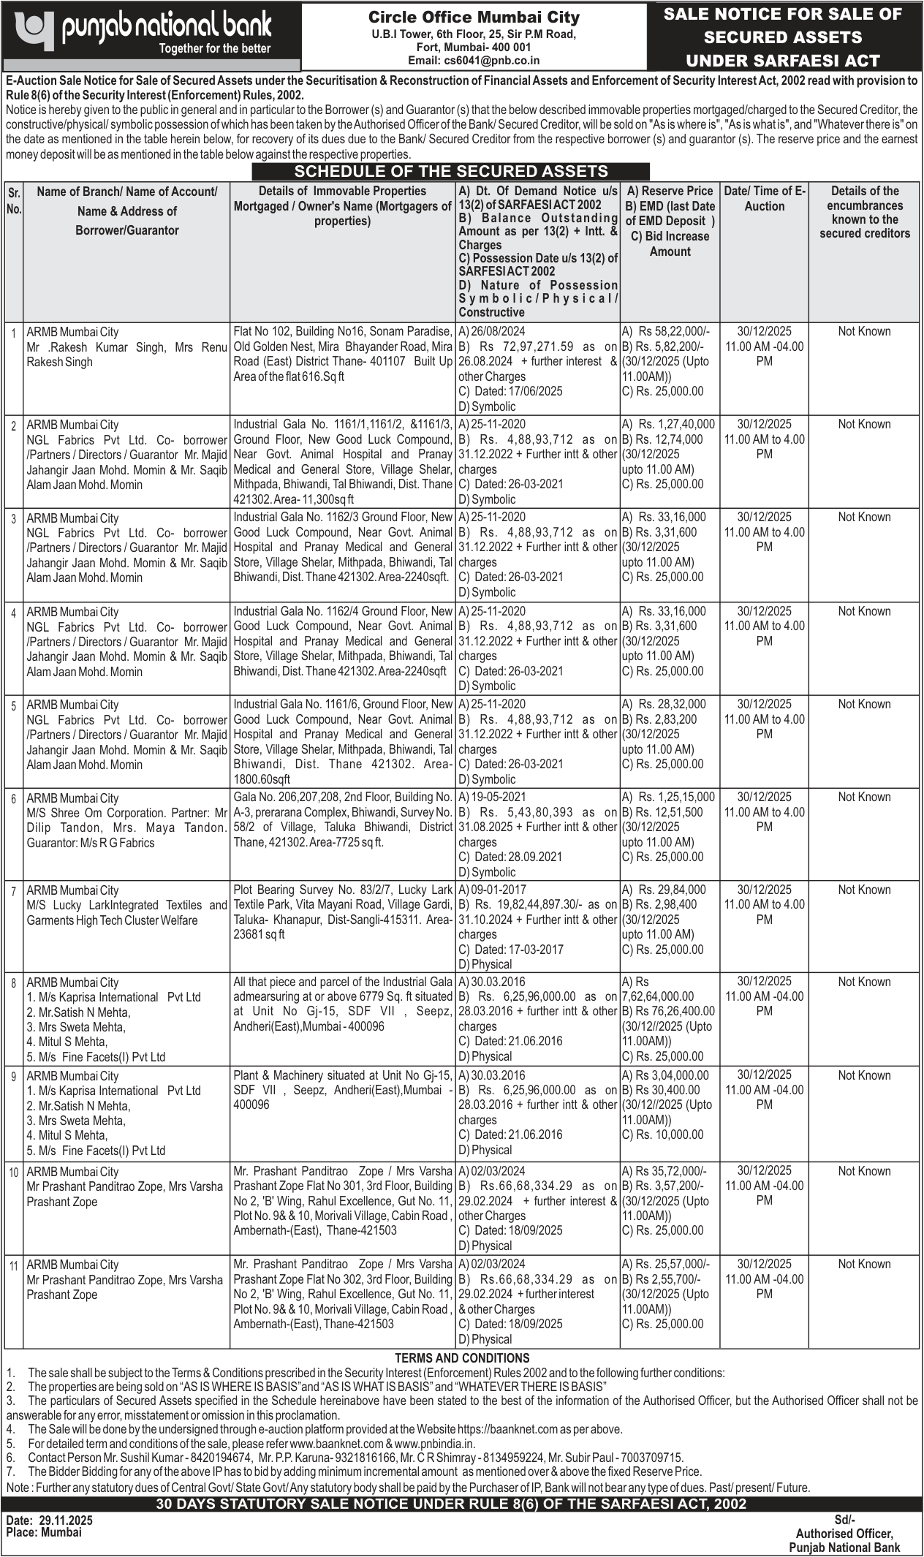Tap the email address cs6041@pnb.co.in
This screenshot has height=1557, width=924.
coord(474,61)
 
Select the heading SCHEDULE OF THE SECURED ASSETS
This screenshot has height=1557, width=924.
coord(451,171)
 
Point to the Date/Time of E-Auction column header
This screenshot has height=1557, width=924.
coord(764,199)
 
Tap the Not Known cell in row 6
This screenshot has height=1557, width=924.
coord(864,797)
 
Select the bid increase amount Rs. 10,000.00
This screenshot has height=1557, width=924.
coord(670,1134)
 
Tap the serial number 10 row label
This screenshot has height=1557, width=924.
coord(14,1173)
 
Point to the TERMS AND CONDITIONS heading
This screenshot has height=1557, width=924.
coord(462,1357)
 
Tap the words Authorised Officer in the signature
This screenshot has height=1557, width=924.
coord(844,1534)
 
